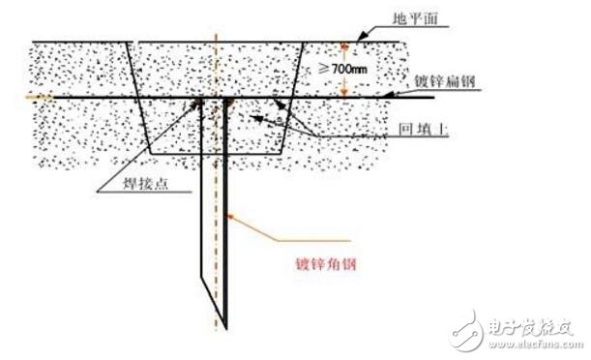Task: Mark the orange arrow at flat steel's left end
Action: pos(38,97)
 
